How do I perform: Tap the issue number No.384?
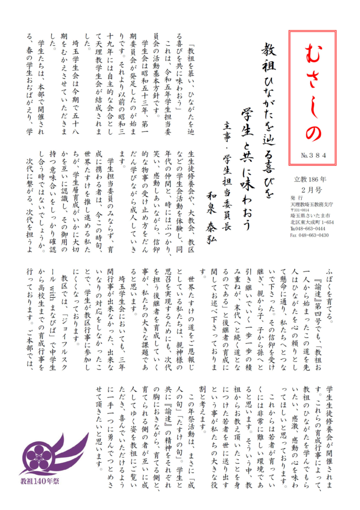tap(314, 155)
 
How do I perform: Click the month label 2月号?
tap(314, 190)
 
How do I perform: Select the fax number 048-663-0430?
tap(313, 235)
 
